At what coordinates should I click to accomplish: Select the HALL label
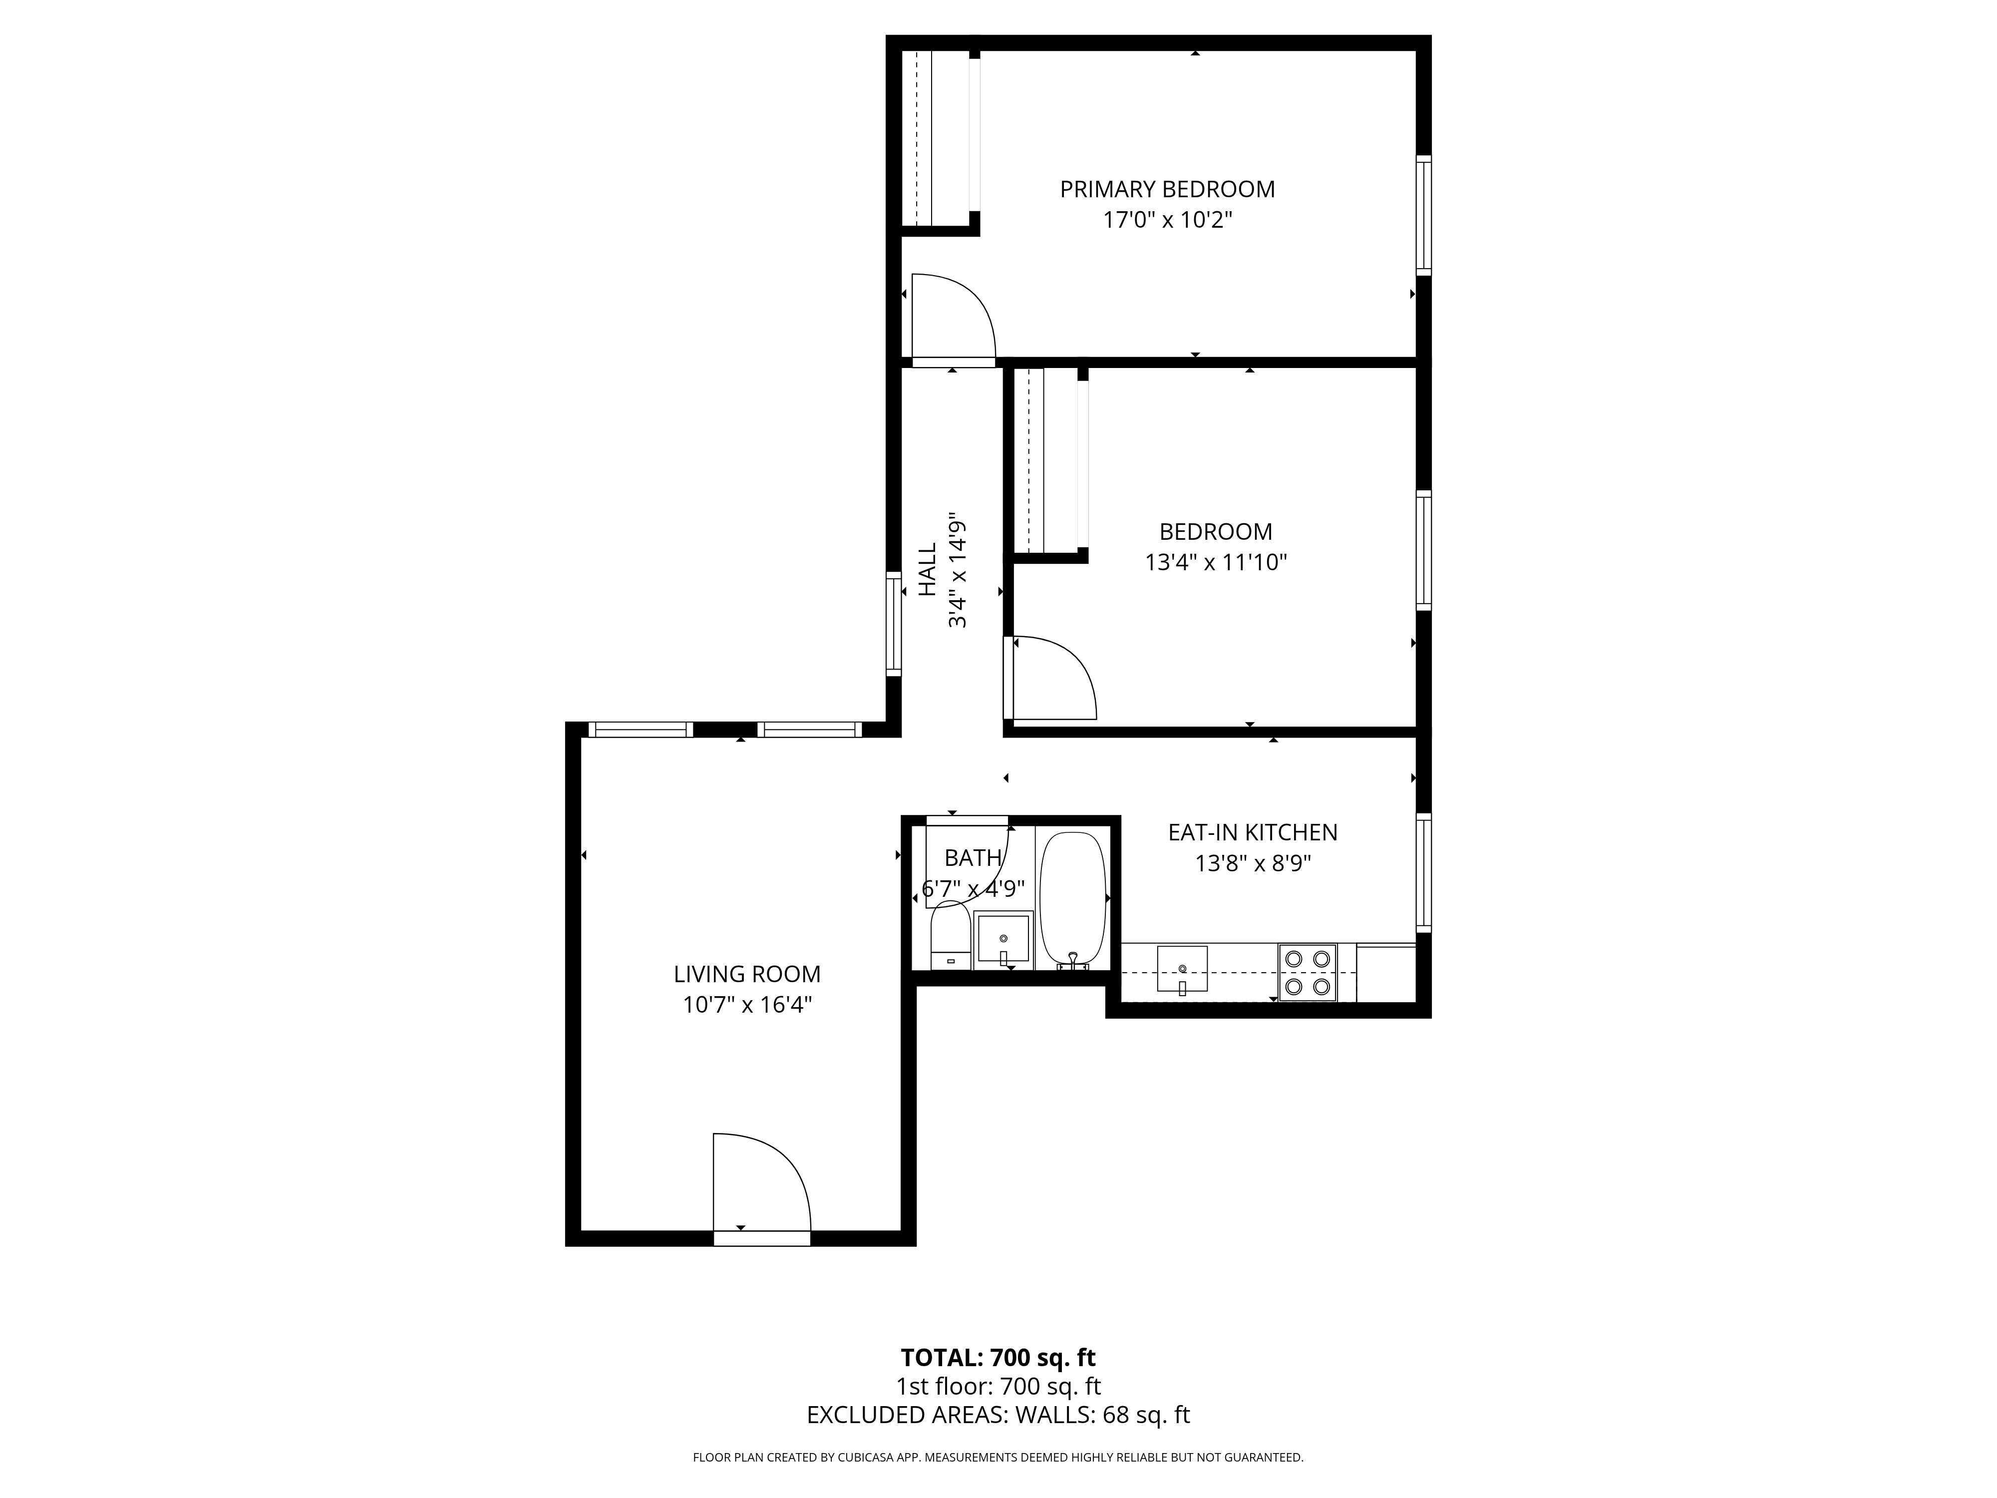[927, 570]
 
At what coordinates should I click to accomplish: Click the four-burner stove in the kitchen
[1307, 973]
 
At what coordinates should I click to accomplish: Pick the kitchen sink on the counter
[1182, 969]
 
